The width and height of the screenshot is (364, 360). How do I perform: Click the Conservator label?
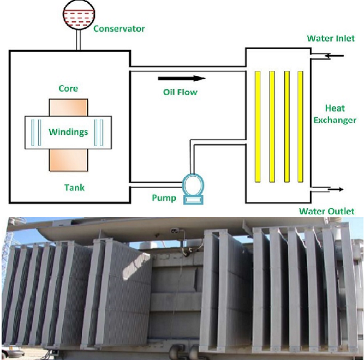119,28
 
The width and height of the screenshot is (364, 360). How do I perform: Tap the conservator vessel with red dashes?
77,14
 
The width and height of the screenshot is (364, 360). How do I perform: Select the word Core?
68,88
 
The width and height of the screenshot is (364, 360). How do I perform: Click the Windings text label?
68,132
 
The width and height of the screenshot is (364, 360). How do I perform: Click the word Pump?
163,197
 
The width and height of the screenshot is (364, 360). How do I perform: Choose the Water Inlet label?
331,39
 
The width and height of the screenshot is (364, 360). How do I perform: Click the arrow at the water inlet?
333,56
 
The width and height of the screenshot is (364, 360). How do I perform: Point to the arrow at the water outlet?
335,189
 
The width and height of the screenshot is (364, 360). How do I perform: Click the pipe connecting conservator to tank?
78,39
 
